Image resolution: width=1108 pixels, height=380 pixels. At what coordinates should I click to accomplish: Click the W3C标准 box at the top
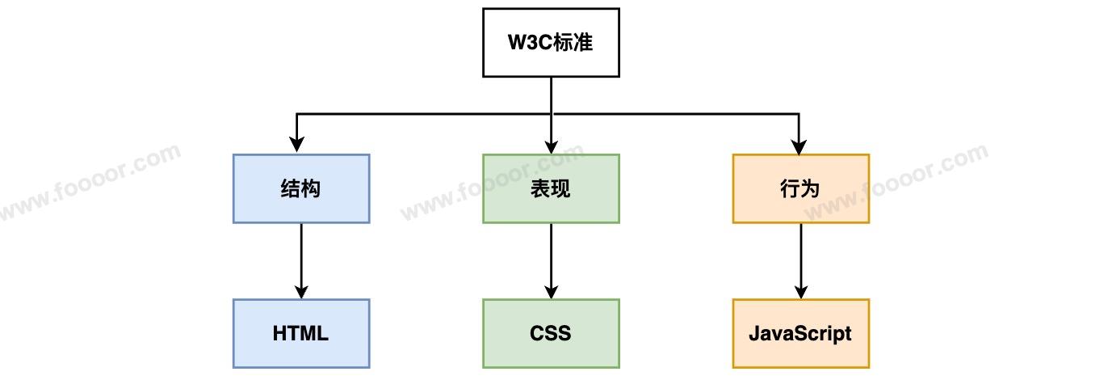tap(551, 43)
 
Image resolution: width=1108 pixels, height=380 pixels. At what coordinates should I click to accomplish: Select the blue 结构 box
tap(301, 188)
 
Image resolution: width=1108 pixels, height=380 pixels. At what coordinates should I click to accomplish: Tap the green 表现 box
tap(551, 188)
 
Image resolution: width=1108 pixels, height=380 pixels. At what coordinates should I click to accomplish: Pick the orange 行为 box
tap(800, 188)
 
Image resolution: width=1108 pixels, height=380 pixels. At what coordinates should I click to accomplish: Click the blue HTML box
tap(301, 333)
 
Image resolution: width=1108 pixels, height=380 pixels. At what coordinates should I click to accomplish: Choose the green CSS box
tap(551, 333)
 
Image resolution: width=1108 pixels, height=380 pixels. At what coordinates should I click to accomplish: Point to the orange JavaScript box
tap(800, 333)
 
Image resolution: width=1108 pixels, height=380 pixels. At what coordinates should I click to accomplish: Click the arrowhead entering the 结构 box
tap(297, 146)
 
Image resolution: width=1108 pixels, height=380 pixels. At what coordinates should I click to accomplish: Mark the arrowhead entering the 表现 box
tap(551, 146)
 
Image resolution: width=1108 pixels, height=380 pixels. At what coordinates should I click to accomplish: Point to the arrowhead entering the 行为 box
tap(800, 146)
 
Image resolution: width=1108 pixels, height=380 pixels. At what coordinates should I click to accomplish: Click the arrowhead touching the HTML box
tap(301, 291)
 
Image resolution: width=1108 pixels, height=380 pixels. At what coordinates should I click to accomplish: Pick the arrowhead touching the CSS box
tap(551, 291)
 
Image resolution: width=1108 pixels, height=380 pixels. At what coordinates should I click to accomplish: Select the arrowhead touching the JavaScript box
tap(800, 291)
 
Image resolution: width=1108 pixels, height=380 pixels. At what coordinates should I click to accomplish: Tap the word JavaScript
tap(800, 333)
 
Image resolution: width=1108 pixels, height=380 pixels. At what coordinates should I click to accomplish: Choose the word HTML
tap(301, 333)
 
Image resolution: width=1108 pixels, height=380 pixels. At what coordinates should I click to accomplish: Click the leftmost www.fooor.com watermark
tap(89, 182)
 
